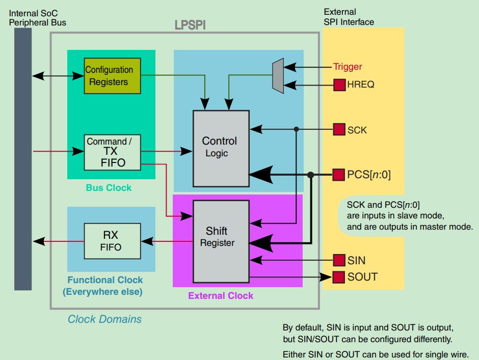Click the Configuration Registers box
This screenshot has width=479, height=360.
tap(112, 76)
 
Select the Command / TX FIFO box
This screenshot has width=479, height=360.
tap(112, 152)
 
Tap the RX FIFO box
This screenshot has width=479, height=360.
tap(111, 241)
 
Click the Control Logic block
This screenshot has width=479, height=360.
tap(221, 148)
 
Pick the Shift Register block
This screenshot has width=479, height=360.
tap(221, 241)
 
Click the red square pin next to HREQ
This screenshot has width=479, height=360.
tap(339, 85)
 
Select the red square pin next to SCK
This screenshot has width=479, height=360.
tap(339, 130)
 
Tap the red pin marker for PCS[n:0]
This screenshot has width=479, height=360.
tap(339, 175)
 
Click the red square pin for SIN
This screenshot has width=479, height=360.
tap(339, 261)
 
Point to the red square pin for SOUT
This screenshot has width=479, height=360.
tap(339, 277)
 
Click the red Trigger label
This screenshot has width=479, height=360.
tap(348, 67)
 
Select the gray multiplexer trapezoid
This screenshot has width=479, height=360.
tap(278, 76)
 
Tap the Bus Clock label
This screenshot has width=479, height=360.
tap(109, 188)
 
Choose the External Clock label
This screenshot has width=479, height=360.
tap(221, 296)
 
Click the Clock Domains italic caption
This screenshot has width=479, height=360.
tap(104, 319)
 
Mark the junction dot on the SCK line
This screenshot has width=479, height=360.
tap(296, 130)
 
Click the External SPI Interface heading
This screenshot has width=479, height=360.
tap(349, 17)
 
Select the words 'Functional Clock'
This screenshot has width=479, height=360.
tap(105, 280)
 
